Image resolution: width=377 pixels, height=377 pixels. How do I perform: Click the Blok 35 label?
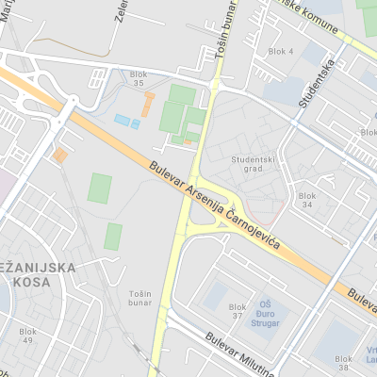(140, 79)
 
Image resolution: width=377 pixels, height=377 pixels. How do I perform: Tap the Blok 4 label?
(281, 51)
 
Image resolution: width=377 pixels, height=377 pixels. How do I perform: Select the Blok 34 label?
(306, 200)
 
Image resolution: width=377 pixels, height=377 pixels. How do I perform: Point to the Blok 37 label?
(236, 311)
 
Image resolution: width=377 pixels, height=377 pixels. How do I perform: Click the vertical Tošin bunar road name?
(224, 41)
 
